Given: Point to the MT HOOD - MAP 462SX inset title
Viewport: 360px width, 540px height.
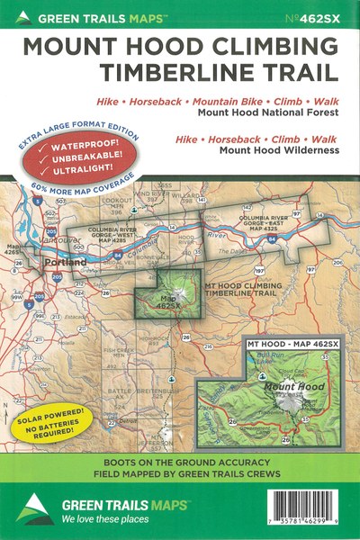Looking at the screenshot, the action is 292,345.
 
